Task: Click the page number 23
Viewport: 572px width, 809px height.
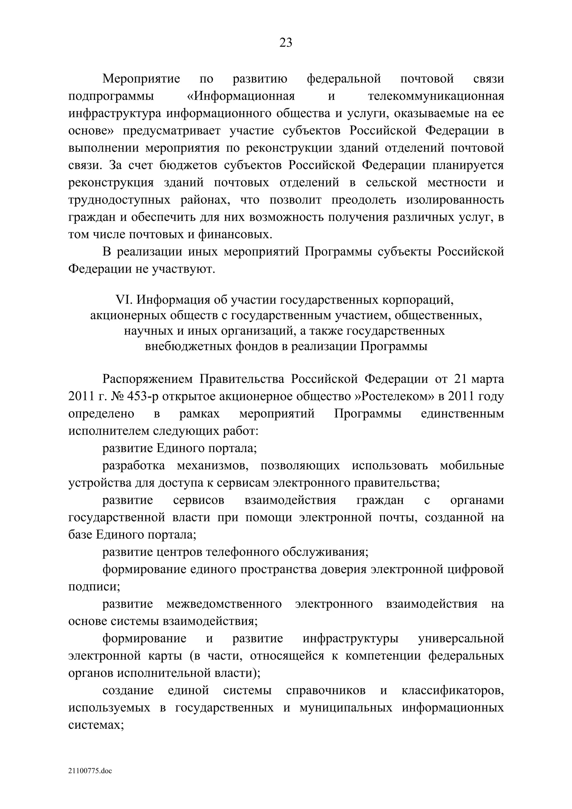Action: tap(285, 43)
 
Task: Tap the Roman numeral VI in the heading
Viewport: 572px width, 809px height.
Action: tap(123, 300)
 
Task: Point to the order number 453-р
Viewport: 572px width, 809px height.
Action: tap(142, 396)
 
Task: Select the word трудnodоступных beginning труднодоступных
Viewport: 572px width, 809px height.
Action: tap(119, 200)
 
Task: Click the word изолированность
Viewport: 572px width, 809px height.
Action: tap(455, 200)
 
